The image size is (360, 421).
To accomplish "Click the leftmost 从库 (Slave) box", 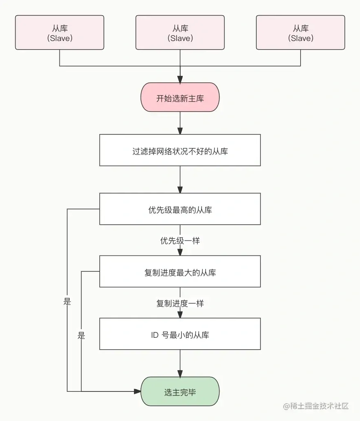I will tap(59, 33).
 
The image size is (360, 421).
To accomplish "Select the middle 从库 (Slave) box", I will tap(180, 33).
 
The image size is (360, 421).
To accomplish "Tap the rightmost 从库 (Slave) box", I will tap(300, 33).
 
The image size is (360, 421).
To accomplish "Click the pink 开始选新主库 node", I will tap(180, 98).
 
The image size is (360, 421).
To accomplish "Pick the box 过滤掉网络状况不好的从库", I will tap(180, 150).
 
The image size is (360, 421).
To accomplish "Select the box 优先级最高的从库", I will tap(180, 209).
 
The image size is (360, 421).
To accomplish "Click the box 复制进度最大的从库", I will tap(180, 272).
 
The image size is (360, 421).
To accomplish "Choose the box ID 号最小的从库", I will tap(180, 335).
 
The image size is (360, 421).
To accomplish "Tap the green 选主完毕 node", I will tap(180, 391).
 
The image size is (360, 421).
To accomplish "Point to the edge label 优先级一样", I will tap(180, 241).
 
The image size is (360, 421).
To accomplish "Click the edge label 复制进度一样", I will tap(180, 303).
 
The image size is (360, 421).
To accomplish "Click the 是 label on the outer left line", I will tap(68, 302).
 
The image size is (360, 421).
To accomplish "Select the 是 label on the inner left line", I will tap(81, 336).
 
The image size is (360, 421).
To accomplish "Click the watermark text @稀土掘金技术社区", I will tap(316, 406).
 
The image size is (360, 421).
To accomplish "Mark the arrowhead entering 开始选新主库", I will tap(180, 80).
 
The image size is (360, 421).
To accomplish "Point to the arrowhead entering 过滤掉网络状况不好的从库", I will tap(180, 131).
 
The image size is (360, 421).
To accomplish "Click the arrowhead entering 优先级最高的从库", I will tap(180, 190).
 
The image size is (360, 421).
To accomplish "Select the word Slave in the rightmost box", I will tap(300, 38).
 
